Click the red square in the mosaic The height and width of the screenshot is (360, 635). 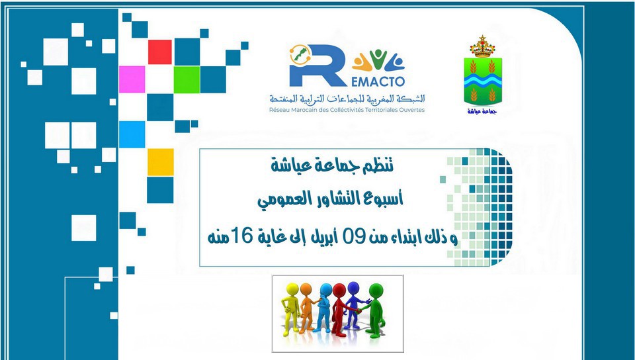coord(160,52)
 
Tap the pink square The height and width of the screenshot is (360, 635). coord(132,79)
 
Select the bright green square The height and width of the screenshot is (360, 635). coord(187,79)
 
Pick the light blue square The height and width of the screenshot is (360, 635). coord(132,134)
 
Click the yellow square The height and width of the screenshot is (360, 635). coord(160,162)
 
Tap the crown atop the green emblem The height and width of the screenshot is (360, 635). coord(482,46)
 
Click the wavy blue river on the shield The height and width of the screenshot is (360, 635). coord(482,80)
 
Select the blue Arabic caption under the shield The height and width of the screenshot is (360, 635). coord(482,111)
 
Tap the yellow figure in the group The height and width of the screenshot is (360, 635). coord(291,308)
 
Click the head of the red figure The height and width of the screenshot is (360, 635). coord(339,290)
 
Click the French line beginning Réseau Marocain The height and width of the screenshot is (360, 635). coord(347,110)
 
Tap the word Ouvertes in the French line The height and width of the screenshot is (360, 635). coord(412,110)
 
